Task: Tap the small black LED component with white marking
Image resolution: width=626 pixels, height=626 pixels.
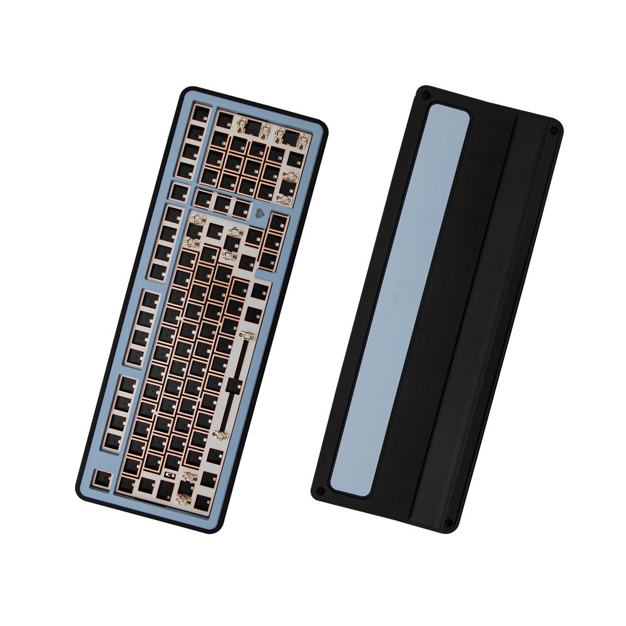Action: click(168, 476)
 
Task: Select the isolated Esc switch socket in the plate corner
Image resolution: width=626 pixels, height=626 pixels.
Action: click(100, 479)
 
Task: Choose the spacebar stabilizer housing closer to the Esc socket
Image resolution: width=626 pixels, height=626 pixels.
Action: click(221, 433)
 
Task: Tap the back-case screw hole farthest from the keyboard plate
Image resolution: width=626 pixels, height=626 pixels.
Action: click(553, 130)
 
